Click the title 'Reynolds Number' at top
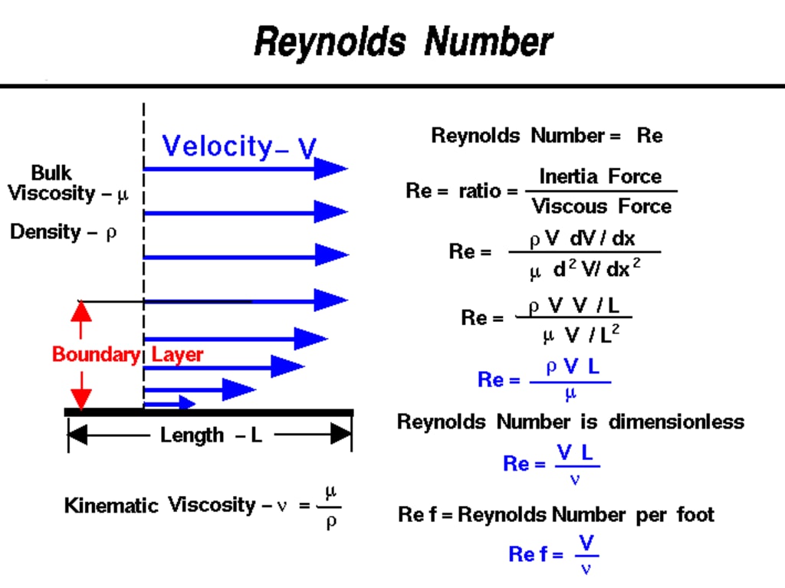402,41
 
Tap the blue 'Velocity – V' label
238,146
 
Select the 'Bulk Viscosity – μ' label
67,183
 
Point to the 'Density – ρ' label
63,232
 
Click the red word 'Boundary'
96,354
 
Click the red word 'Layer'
178,354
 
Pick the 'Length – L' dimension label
210,435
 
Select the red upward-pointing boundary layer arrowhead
80,310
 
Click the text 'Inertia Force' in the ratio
599,176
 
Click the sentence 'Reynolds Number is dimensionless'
570,422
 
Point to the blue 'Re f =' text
535,554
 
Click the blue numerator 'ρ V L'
573,367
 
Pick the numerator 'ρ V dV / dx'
583,238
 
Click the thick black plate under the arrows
209,412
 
